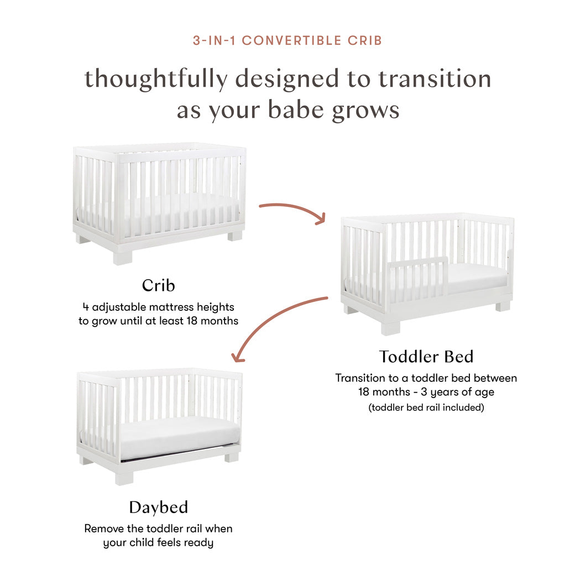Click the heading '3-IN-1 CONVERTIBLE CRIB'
click(x=287, y=40)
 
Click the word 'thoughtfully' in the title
click(x=155, y=79)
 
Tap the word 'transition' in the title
click(x=435, y=79)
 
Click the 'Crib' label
click(x=158, y=285)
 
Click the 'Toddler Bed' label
click(x=426, y=357)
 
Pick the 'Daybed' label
click(x=158, y=507)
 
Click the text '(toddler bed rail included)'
click(x=426, y=407)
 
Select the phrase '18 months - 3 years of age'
click(x=426, y=393)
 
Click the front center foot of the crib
click(x=123, y=257)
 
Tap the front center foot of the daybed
click(x=124, y=477)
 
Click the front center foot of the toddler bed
click(x=390, y=327)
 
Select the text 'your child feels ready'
click(x=158, y=543)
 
